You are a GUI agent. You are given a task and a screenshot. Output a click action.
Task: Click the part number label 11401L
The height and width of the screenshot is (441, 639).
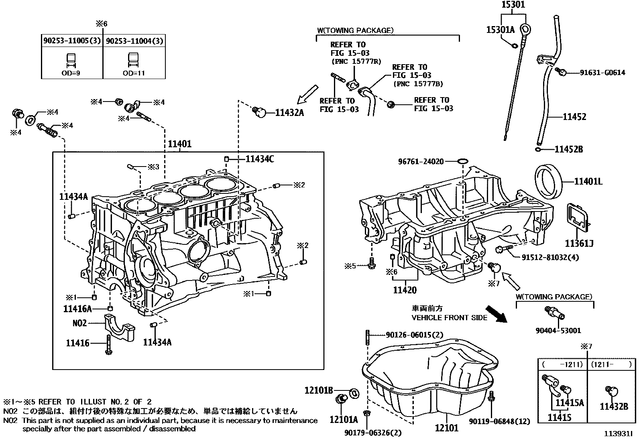[x=588, y=182]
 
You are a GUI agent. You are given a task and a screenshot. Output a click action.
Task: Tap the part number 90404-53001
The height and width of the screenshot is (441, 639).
[x=558, y=330]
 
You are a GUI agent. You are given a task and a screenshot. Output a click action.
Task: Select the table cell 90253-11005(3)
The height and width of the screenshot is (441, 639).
[x=72, y=41]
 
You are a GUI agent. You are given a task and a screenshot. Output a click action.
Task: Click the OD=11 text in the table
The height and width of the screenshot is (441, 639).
[x=134, y=73]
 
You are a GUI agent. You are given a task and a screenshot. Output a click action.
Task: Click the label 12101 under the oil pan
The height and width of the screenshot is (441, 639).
[x=446, y=428]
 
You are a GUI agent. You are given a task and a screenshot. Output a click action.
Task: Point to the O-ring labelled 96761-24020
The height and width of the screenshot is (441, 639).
[x=462, y=161]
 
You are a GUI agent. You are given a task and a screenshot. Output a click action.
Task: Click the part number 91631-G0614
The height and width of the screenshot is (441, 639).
[x=602, y=73]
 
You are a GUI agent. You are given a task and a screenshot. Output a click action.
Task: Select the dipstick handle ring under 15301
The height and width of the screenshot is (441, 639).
[x=525, y=29]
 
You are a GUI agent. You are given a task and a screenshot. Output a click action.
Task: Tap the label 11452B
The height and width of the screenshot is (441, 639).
[x=568, y=149]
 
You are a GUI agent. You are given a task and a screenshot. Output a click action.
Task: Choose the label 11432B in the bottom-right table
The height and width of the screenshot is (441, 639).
[x=614, y=406]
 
